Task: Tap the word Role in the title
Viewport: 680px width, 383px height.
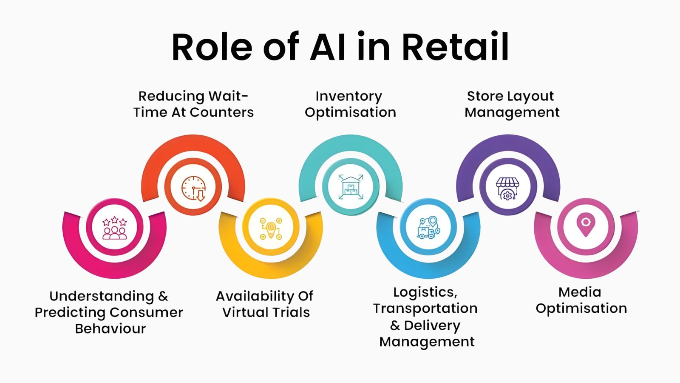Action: (212, 47)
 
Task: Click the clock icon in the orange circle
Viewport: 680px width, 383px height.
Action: (193, 188)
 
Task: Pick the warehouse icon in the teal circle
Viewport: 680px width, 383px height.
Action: (351, 186)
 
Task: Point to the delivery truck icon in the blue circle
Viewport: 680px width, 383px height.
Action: (428, 228)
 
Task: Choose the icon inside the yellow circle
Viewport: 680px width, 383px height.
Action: (271, 228)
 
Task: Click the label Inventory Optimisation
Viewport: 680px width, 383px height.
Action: (350, 104)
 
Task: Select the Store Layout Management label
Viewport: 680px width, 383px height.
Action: (511, 104)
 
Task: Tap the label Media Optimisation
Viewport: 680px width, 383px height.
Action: (581, 300)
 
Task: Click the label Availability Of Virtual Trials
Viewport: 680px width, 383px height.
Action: (265, 304)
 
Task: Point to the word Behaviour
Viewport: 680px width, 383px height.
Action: (110, 329)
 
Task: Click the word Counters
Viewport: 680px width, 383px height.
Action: (221, 112)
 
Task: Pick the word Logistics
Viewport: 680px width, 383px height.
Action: (425, 292)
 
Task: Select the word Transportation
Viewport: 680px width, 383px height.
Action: (425, 308)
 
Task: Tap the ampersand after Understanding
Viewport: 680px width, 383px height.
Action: (163, 296)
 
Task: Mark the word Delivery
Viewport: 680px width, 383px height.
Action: (432, 325)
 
